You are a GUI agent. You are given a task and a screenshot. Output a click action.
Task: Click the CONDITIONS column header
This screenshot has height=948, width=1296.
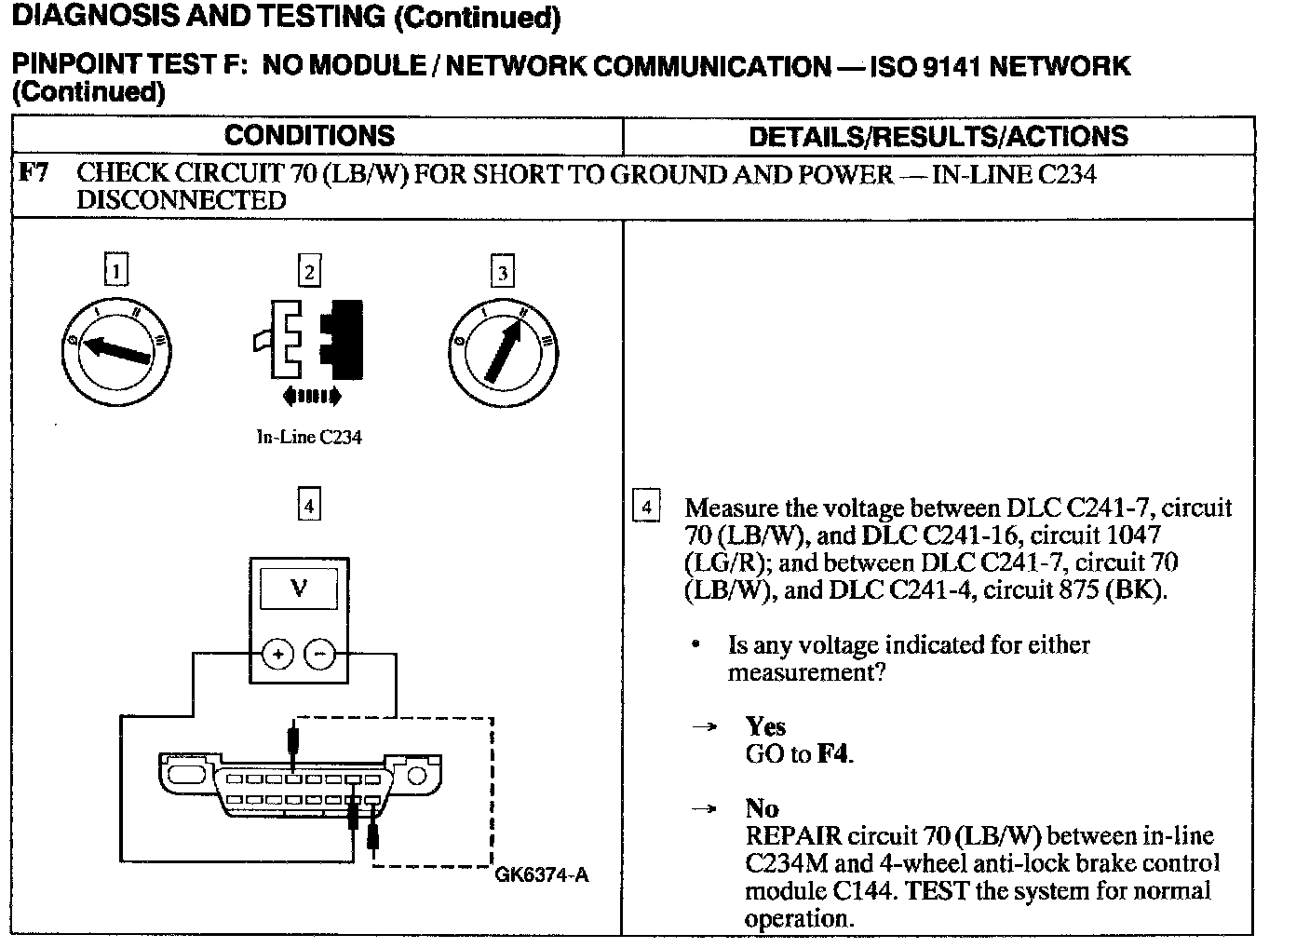(309, 136)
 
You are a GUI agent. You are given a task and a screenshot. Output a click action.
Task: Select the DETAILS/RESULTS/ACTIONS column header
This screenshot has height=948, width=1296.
(938, 137)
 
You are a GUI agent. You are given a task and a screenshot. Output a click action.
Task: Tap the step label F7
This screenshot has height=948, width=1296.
(34, 173)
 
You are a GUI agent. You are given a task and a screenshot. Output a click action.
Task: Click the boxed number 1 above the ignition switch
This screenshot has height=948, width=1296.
(115, 271)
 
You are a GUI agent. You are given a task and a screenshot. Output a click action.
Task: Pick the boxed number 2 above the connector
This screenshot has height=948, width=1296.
(308, 271)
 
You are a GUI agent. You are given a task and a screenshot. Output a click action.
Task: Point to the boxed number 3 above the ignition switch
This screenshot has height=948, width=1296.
(502, 272)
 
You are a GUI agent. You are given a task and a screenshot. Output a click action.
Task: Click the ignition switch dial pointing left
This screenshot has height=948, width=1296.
(116, 352)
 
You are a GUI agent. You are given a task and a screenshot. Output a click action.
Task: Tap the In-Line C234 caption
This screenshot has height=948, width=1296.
(309, 437)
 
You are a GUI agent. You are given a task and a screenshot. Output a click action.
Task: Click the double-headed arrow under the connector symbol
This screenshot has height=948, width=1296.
(312, 398)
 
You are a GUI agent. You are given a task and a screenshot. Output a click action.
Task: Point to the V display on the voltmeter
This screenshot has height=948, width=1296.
(299, 589)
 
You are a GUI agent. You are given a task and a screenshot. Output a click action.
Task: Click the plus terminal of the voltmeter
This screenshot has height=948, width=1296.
(277, 655)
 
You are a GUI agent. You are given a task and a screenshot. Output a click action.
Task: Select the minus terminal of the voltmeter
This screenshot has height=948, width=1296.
(320, 655)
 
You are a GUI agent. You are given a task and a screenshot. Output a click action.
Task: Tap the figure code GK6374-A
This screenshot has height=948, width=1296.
(542, 874)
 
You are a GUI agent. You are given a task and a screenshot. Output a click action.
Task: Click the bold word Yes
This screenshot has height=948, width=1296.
(765, 726)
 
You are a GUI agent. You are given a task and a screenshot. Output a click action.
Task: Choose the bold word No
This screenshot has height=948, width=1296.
(762, 808)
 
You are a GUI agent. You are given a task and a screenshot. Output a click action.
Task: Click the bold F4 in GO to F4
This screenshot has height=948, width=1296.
(833, 753)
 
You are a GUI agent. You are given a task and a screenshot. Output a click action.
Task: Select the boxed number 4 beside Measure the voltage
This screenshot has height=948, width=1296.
(646, 508)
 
